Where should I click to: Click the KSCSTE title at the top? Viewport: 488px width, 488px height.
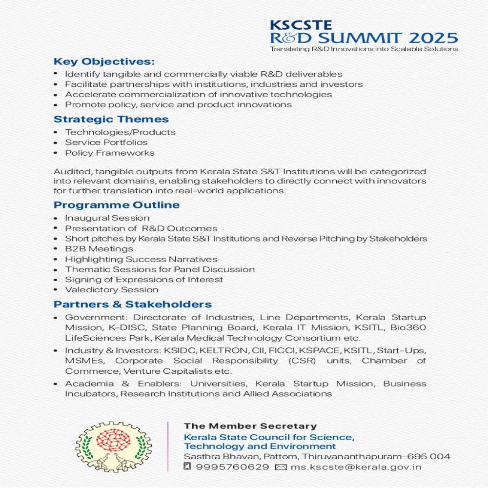click(294, 25)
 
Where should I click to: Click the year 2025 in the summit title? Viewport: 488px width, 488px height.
click(431, 38)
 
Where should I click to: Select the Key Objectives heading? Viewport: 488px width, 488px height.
click(104, 62)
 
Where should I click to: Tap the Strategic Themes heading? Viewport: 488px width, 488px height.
click(111, 120)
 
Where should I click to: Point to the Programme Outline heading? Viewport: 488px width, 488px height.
click(117, 205)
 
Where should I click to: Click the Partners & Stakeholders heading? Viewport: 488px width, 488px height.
click(133, 305)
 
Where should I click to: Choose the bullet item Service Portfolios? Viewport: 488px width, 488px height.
click(106, 142)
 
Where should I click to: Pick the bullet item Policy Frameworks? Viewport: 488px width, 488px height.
click(110, 153)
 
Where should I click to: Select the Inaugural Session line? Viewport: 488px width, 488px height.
click(107, 218)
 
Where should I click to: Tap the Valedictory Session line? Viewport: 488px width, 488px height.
click(112, 290)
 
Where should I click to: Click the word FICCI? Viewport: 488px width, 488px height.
click(278, 350)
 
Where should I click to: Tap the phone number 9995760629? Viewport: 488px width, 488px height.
click(232, 467)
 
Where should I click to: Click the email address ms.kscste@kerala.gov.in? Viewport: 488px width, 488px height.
click(356, 467)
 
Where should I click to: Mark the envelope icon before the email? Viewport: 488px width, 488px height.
click(281, 467)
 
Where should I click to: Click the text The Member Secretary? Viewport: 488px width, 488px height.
click(250, 426)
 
